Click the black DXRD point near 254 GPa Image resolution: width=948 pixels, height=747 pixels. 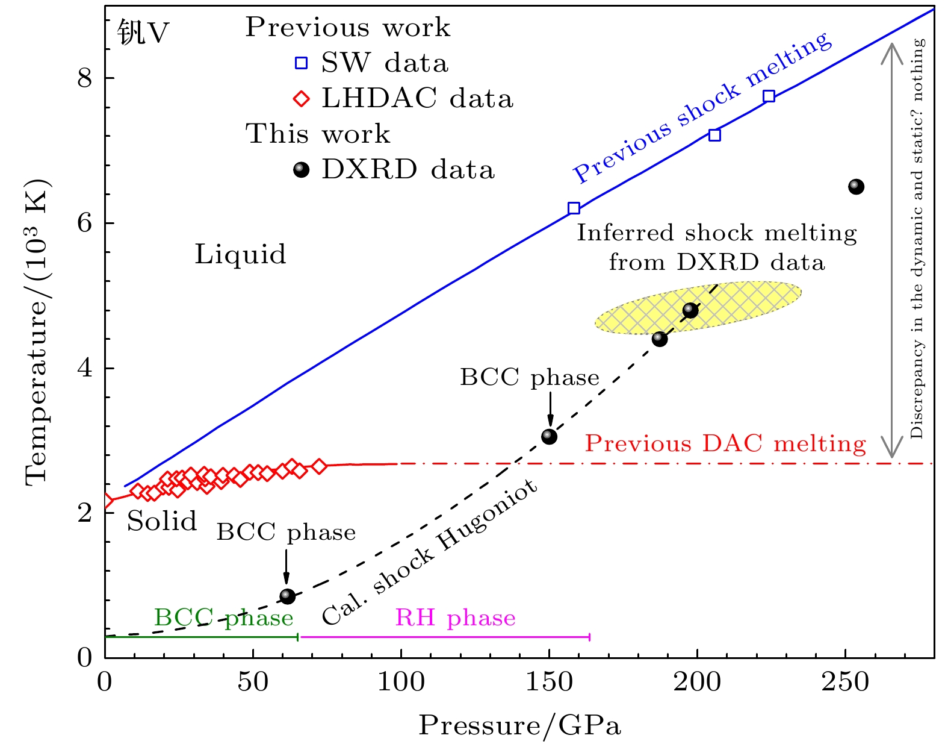(856, 187)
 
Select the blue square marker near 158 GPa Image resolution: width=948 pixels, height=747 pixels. (574, 208)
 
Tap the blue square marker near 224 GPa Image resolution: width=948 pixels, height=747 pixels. (769, 96)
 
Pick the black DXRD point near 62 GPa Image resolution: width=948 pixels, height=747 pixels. (288, 596)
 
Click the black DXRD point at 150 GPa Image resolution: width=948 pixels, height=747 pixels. (549, 436)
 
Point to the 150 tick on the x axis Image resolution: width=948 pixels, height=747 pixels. (549, 682)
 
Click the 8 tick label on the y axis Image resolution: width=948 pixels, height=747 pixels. (85, 78)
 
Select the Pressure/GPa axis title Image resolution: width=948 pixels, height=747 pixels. (519, 725)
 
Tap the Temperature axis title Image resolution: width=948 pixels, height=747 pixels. (37, 331)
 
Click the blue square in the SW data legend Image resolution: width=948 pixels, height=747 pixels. (301, 63)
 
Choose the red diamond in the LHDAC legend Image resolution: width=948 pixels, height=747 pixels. (301, 99)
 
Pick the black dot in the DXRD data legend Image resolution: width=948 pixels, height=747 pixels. (301, 170)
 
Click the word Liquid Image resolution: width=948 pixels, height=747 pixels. (240, 254)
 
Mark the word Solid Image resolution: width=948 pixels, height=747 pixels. (162, 521)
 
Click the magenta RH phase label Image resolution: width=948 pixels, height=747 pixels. (455, 617)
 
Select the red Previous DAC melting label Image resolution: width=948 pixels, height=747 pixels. (725, 443)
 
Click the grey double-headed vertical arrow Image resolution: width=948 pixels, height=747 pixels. (892, 250)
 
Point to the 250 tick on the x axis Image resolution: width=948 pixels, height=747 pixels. (845, 682)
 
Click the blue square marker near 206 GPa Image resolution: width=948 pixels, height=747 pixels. (714, 135)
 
